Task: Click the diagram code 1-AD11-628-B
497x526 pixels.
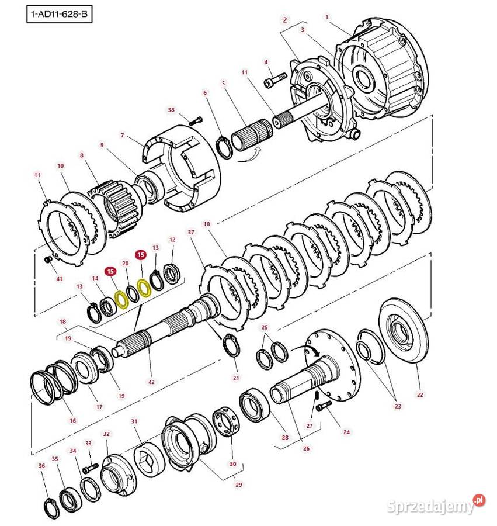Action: point(60,12)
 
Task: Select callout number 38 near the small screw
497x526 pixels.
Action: point(171,110)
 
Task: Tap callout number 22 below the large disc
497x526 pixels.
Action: point(419,395)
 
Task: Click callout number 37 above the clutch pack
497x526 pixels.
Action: point(190,233)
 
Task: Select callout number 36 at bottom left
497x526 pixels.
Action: point(41,465)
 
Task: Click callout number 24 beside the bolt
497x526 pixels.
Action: point(346,432)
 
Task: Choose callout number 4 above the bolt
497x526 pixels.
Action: point(266,62)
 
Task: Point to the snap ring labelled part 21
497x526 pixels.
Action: point(232,347)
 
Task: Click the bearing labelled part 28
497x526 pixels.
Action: point(256,404)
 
